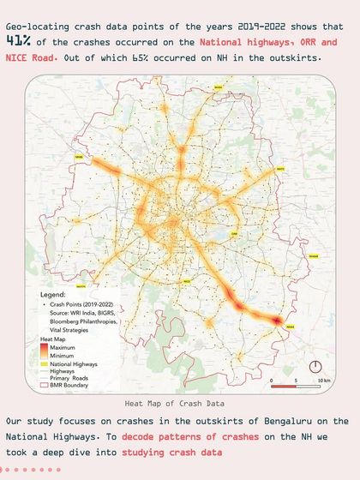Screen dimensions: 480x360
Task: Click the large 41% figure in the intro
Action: point(21,40)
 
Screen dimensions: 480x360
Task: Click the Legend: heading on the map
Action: point(53,294)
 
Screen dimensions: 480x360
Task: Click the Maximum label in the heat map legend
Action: point(63,345)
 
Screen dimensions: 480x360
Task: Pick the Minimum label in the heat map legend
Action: point(62,355)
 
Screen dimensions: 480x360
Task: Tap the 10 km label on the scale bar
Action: point(322,380)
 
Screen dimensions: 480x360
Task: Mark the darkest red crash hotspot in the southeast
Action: point(277,320)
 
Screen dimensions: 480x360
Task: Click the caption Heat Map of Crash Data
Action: point(180,401)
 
